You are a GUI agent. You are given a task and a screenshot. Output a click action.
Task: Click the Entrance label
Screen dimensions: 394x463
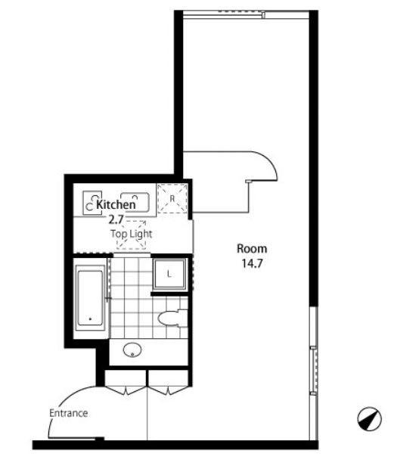(69, 413)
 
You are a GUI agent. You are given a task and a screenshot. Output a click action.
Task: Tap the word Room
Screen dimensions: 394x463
(252, 249)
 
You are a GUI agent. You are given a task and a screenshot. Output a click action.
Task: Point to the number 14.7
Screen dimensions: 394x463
(253, 263)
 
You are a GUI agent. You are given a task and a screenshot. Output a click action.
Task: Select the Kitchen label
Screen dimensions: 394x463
(116, 204)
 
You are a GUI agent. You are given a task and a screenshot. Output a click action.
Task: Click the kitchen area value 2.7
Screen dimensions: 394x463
(116, 219)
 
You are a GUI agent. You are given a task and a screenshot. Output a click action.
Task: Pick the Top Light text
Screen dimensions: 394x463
(132, 234)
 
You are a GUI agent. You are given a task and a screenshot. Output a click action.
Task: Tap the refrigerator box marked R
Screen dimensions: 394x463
(172, 198)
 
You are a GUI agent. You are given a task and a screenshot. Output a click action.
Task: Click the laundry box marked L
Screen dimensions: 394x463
(169, 275)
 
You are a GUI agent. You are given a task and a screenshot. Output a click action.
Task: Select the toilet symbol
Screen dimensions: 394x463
(172, 318)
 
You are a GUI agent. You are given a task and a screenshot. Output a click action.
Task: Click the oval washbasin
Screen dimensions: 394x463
(132, 350)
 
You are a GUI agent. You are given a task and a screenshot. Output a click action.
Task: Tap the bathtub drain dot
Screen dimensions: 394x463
(90, 319)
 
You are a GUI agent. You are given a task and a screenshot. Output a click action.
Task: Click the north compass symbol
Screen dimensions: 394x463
(369, 418)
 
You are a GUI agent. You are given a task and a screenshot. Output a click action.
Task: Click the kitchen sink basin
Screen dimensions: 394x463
(135, 202)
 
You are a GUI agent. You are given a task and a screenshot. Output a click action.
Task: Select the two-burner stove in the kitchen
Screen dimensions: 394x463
(92, 203)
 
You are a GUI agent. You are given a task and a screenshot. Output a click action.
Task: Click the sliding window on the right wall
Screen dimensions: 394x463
(313, 371)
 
